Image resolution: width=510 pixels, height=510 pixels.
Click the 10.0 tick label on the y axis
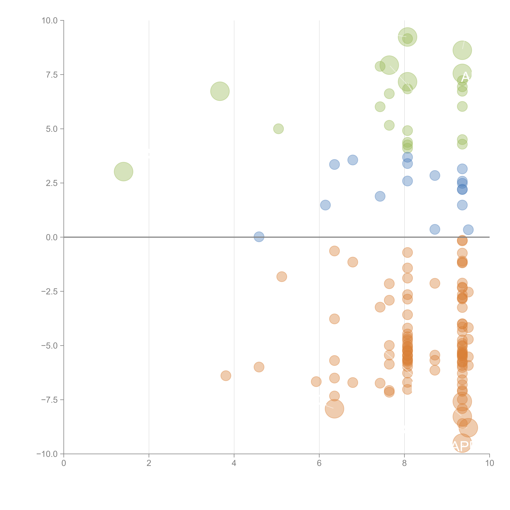(x=50, y=21)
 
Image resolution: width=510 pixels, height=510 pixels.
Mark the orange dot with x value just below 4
(x=226, y=376)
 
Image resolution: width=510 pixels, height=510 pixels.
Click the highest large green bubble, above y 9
(x=407, y=37)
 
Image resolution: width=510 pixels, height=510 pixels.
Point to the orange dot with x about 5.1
(x=282, y=277)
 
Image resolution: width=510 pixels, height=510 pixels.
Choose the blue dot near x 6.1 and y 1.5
(x=325, y=205)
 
